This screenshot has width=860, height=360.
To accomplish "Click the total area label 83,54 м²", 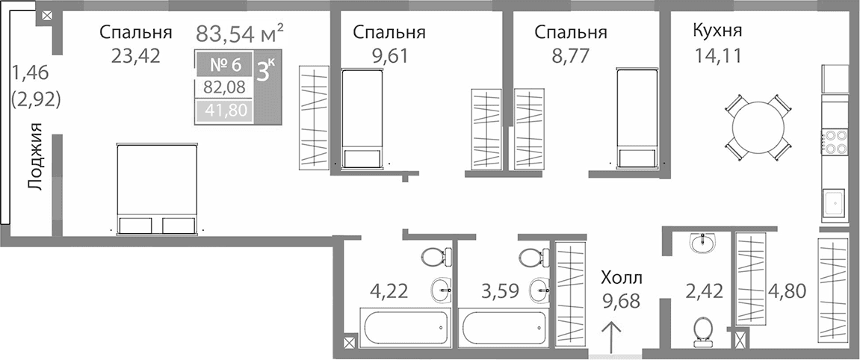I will pyautogui.click(x=240, y=33).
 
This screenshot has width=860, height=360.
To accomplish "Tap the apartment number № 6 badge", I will pyautogui.click(x=223, y=63).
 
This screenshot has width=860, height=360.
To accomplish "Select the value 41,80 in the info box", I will pyautogui.click(x=223, y=112).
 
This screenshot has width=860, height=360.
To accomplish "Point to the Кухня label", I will pyautogui.click(x=717, y=31).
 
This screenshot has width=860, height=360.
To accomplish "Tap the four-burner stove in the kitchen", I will pyautogui.click(x=834, y=141).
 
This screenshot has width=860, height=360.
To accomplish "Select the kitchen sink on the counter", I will pyautogui.click(x=834, y=202).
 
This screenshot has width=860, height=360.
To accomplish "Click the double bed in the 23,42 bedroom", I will pyautogui.click(x=156, y=188).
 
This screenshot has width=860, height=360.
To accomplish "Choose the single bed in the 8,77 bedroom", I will pyautogui.click(x=637, y=118).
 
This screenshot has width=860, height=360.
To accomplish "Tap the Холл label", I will pyautogui.click(x=621, y=279).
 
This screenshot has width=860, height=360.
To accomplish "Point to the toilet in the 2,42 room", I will pyautogui.click(x=702, y=331).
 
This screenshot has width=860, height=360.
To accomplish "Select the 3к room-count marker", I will pyautogui.click(x=266, y=71).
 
